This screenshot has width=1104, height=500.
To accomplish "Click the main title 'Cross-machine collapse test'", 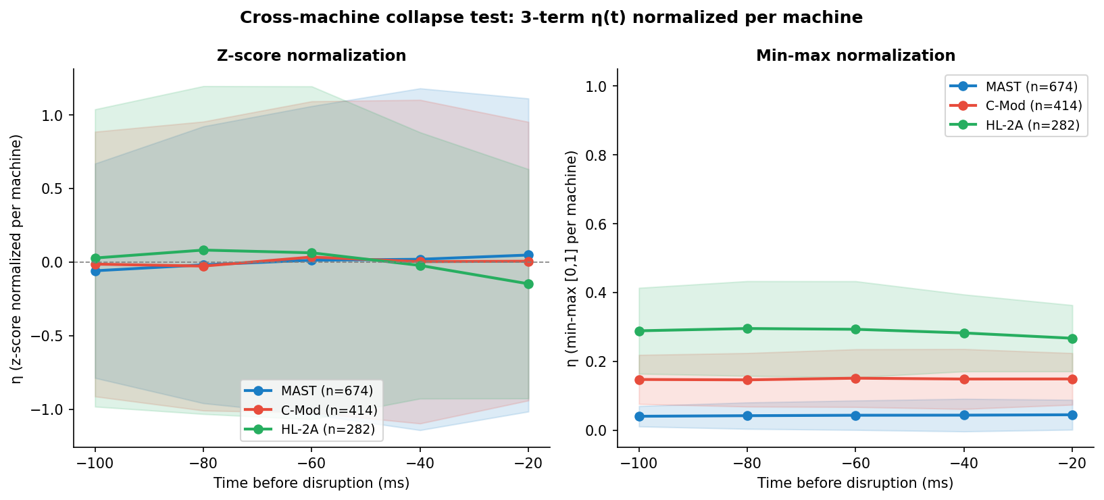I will coord(551,18).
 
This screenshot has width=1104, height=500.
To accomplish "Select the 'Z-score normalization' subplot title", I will coord(311,56).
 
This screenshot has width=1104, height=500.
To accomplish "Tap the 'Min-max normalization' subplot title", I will coord(855,56).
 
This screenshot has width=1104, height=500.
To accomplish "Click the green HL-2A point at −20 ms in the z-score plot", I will coord(528,284).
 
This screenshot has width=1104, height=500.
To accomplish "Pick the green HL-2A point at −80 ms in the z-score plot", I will coord(203,250).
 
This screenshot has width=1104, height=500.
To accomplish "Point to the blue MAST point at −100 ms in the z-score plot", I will coord(95,271).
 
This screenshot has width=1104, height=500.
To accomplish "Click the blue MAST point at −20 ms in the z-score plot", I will coord(528,255).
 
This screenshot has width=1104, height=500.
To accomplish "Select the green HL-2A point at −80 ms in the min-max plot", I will coord(747,328).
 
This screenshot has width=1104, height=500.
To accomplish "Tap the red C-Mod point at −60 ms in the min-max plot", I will coord(855,378).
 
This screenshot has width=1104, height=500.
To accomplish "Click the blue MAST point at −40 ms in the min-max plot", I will coord(964,415).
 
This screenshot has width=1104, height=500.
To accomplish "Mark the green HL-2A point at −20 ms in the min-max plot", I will coord(1072,339).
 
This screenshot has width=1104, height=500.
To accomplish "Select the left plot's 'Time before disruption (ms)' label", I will coord(311,483).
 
